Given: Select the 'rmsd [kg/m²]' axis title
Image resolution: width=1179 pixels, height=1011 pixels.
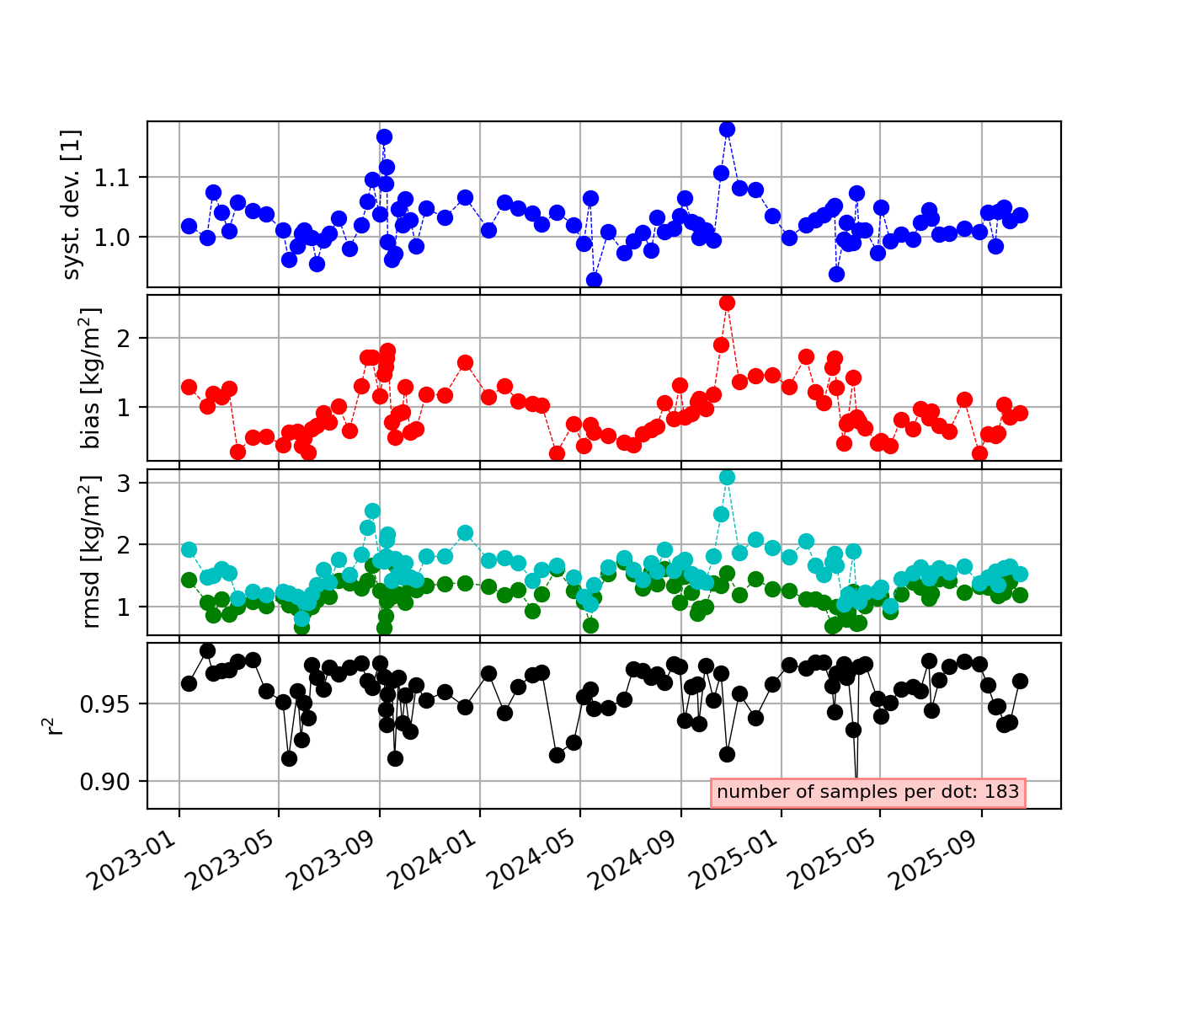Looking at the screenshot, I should (x=91, y=552).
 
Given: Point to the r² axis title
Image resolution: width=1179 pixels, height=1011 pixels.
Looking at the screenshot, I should (x=56, y=725).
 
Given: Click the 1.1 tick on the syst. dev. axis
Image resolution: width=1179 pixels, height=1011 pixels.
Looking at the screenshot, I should (x=120, y=178).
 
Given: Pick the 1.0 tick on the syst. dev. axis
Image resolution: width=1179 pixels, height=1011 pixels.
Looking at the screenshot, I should (x=120, y=237).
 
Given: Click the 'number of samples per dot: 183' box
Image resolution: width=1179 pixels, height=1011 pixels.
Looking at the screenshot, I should (x=867, y=792).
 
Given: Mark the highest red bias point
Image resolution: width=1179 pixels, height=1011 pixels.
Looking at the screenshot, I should (x=727, y=302).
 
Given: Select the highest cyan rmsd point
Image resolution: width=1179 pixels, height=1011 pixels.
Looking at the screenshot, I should (x=727, y=477).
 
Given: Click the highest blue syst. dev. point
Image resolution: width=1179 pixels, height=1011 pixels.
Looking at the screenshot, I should (x=727, y=129).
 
